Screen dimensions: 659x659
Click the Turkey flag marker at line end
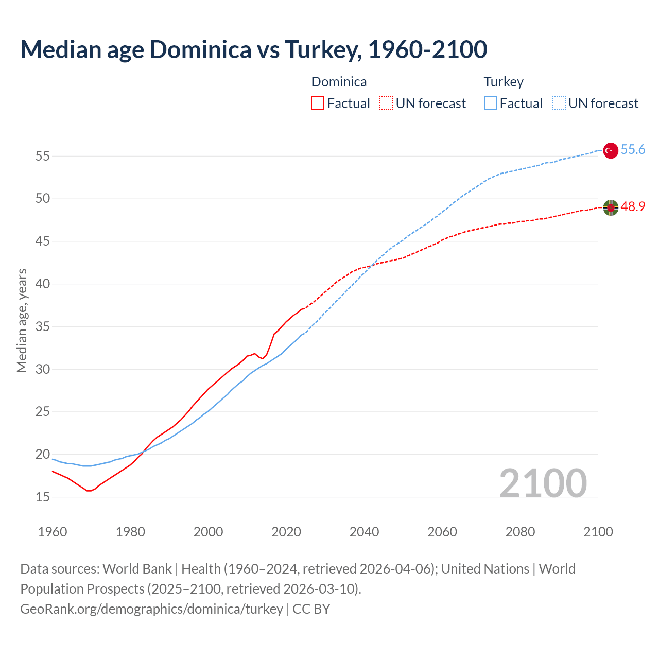(x=611, y=150)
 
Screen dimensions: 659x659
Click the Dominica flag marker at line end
(x=611, y=207)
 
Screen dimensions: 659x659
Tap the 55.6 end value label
(x=633, y=150)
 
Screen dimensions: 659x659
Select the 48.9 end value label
(x=633, y=207)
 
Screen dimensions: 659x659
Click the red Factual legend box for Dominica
(x=318, y=103)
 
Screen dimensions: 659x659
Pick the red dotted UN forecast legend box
(x=386, y=103)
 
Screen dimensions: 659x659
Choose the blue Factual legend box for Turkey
(x=491, y=103)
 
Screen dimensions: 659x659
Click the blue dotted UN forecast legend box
(x=559, y=103)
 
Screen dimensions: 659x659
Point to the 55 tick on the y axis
(x=42, y=156)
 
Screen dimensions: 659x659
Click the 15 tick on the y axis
(x=42, y=497)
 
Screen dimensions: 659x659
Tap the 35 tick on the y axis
(x=42, y=326)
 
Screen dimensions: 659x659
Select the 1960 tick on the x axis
(x=53, y=532)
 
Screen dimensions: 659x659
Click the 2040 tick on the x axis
(x=364, y=532)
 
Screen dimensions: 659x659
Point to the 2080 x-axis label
(x=520, y=532)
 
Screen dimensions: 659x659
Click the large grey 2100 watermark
(x=543, y=483)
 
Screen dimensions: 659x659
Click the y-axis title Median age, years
(x=22, y=320)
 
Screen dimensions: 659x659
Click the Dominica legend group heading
(x=339, y=82)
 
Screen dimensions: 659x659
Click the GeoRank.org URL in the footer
(x=151, y=609)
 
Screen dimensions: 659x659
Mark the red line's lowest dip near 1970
(x=89, y=491)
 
